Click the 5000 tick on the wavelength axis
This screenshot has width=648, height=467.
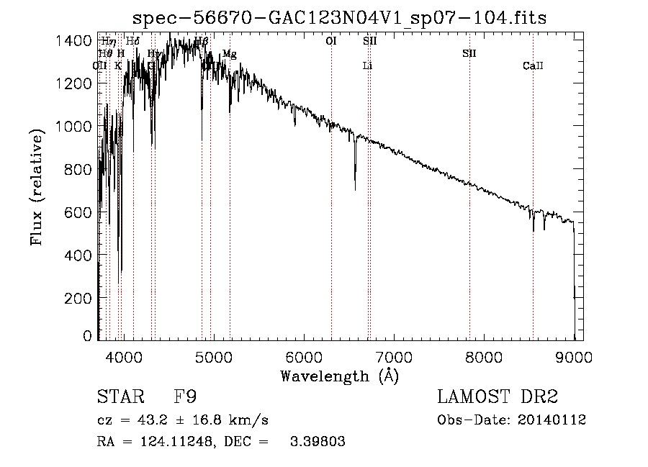213,356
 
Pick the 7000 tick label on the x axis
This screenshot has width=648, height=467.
394,356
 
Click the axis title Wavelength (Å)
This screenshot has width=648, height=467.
339,376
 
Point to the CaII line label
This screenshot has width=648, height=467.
533,66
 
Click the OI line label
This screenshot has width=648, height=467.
331,42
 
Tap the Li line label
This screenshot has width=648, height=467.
367,66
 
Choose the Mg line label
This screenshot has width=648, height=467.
229,54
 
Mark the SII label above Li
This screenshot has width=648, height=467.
369,42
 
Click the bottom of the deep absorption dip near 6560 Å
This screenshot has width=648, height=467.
355,189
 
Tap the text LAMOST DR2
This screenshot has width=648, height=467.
498,397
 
